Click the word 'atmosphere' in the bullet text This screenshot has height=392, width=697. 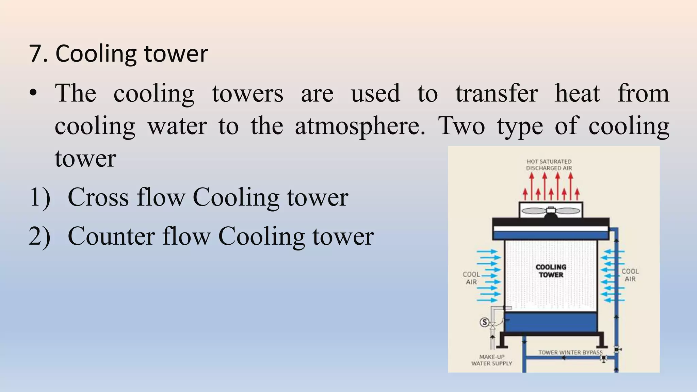pyautogui.click(x=359, y=126)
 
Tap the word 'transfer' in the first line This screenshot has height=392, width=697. pyautogui.click(x=497, y=93)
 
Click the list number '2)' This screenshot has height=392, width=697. pyautogui.click(x=39, y=236)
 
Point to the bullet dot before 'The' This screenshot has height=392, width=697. pyautogui.click(x=33, y=93)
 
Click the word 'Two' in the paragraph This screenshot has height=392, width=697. pyautogui.click(x=461, y=126)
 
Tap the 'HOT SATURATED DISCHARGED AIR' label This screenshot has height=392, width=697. pyautogui.click(x=549, y=165)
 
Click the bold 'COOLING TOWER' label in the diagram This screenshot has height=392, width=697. pyautogui.click(x=551, y=271)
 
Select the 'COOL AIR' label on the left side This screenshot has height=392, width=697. pyautogui.click(x=471, y=278)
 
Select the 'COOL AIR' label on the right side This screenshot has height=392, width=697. pyautogui.click(x=630, y=275)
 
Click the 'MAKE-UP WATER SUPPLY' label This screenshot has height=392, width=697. pyautogui.click(x=492, y=360)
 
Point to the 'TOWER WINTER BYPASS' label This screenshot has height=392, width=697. pyautogui.click(x=570, y=352)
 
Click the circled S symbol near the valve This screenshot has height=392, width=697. pyautogui.click(x=484, y=322)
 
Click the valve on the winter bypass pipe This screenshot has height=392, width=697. pyautogui.click(x=604, y=358)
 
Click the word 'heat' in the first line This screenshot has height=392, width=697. pyautogui.click(x=578, y=93)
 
